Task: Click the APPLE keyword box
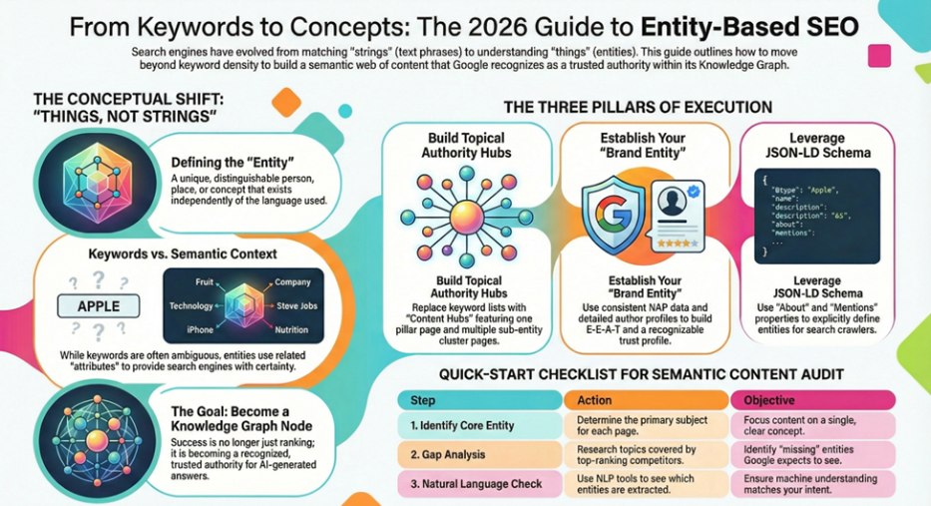(99, 305)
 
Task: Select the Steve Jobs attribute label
(297, 305)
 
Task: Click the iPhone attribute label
(201, 329)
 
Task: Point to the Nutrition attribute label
(291, 329)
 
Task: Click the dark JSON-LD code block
(817, 217)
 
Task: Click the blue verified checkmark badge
(693, 192)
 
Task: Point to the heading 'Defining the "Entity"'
(233, 162)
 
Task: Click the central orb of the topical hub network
(467, 219)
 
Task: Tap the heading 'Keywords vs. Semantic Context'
(183, 254)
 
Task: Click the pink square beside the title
(879, 55)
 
